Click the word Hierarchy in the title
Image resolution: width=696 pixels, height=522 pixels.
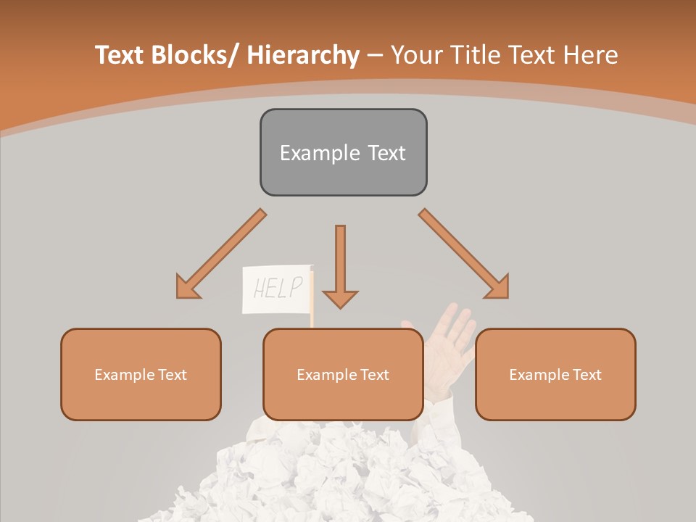point(303,55)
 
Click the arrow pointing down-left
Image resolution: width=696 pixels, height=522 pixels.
point(220,254)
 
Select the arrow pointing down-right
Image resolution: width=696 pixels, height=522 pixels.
point(464,254)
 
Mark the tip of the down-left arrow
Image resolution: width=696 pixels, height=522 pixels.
point(178,297)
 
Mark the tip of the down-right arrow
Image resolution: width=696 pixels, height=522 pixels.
point(506,297)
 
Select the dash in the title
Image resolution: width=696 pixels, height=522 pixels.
point(375,56)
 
